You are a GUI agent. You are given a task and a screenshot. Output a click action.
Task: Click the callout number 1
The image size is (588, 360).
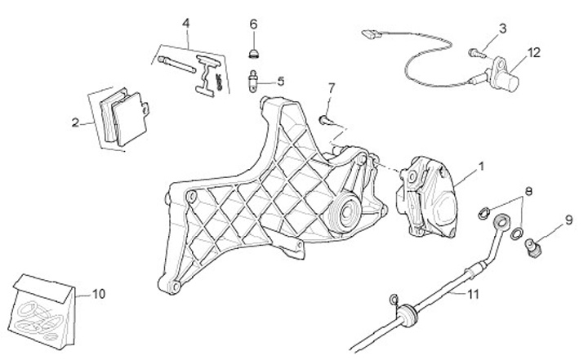coord(481,167)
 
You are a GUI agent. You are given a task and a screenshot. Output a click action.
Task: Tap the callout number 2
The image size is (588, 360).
coord(75,123)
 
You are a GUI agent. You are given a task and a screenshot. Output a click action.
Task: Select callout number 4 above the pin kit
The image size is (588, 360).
coord(186,22)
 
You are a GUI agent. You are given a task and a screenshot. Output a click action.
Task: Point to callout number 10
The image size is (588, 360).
coord(100,292)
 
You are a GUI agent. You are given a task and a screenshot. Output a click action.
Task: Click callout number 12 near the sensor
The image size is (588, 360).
coord(533,53)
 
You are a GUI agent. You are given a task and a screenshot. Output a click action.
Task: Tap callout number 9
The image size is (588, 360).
coord(568,220)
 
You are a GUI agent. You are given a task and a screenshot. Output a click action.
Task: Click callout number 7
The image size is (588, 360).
coord(332,87)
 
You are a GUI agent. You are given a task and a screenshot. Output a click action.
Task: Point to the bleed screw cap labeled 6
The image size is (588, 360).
coord(253,53)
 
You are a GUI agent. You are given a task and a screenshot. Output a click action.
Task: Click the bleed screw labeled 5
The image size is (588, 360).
coord(254,80)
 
